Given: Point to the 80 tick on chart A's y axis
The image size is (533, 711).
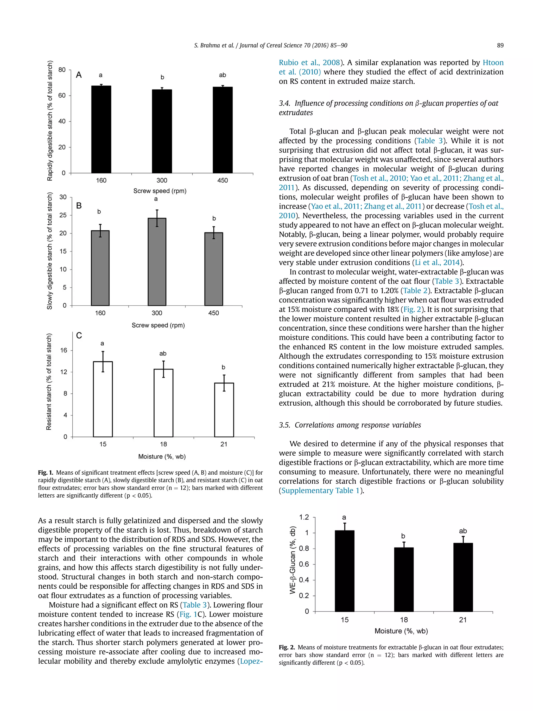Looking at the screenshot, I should click(62, 70).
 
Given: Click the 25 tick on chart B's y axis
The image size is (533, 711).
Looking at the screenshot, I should click(63, 215).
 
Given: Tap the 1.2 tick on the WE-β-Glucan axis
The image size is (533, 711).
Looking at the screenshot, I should click(304, 517).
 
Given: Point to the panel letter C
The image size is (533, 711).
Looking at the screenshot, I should click(79, 336).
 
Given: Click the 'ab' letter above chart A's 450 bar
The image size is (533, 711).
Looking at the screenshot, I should click(222, 75).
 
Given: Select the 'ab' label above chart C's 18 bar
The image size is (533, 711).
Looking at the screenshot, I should click(163, 354).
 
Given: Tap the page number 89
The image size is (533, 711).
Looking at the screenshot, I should click(500, 45).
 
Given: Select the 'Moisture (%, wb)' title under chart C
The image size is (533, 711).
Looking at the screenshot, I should click(162, 456).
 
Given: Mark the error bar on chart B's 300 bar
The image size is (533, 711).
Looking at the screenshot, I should click(157, 218).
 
